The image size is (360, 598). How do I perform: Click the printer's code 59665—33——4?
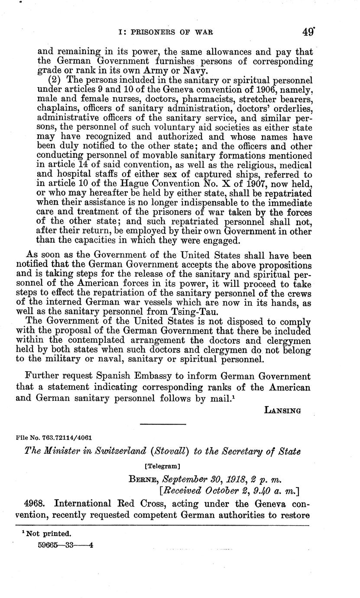(66, 545)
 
